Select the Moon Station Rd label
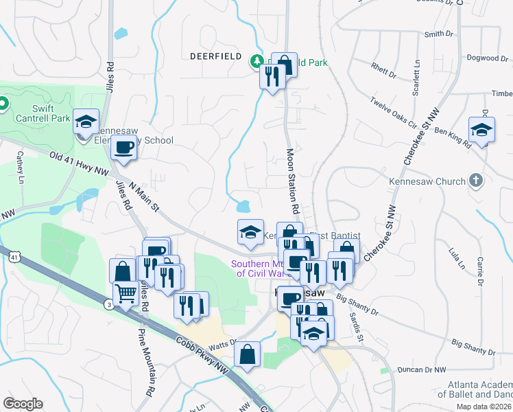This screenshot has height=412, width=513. pos(291,180)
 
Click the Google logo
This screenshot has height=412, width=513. pos(23,403)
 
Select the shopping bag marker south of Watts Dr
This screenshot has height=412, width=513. pos(248,355)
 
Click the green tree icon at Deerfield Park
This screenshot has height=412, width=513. pos(257,62)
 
